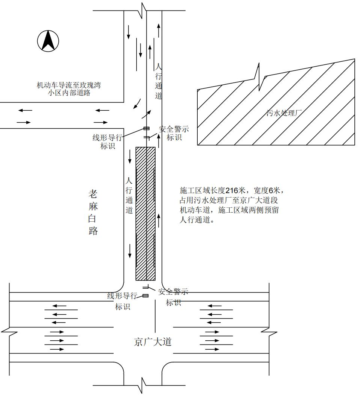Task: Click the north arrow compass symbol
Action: click(48, 41)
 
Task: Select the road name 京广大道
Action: click(153, 342)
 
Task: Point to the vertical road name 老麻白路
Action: click(93, 212)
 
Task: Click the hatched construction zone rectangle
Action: click(145, 213)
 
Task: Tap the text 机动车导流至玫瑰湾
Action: click(69, 85)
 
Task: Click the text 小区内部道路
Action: click(69, 93)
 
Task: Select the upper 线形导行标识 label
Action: click(107, 142)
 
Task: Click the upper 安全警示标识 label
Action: click(174, 133)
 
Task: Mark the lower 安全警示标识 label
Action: click(173, 297)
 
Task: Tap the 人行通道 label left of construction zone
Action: click(129, 196)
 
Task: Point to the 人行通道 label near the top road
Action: click(159, 81)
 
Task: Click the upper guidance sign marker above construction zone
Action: click(146, 129)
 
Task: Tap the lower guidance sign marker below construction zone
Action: click(145, 296)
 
